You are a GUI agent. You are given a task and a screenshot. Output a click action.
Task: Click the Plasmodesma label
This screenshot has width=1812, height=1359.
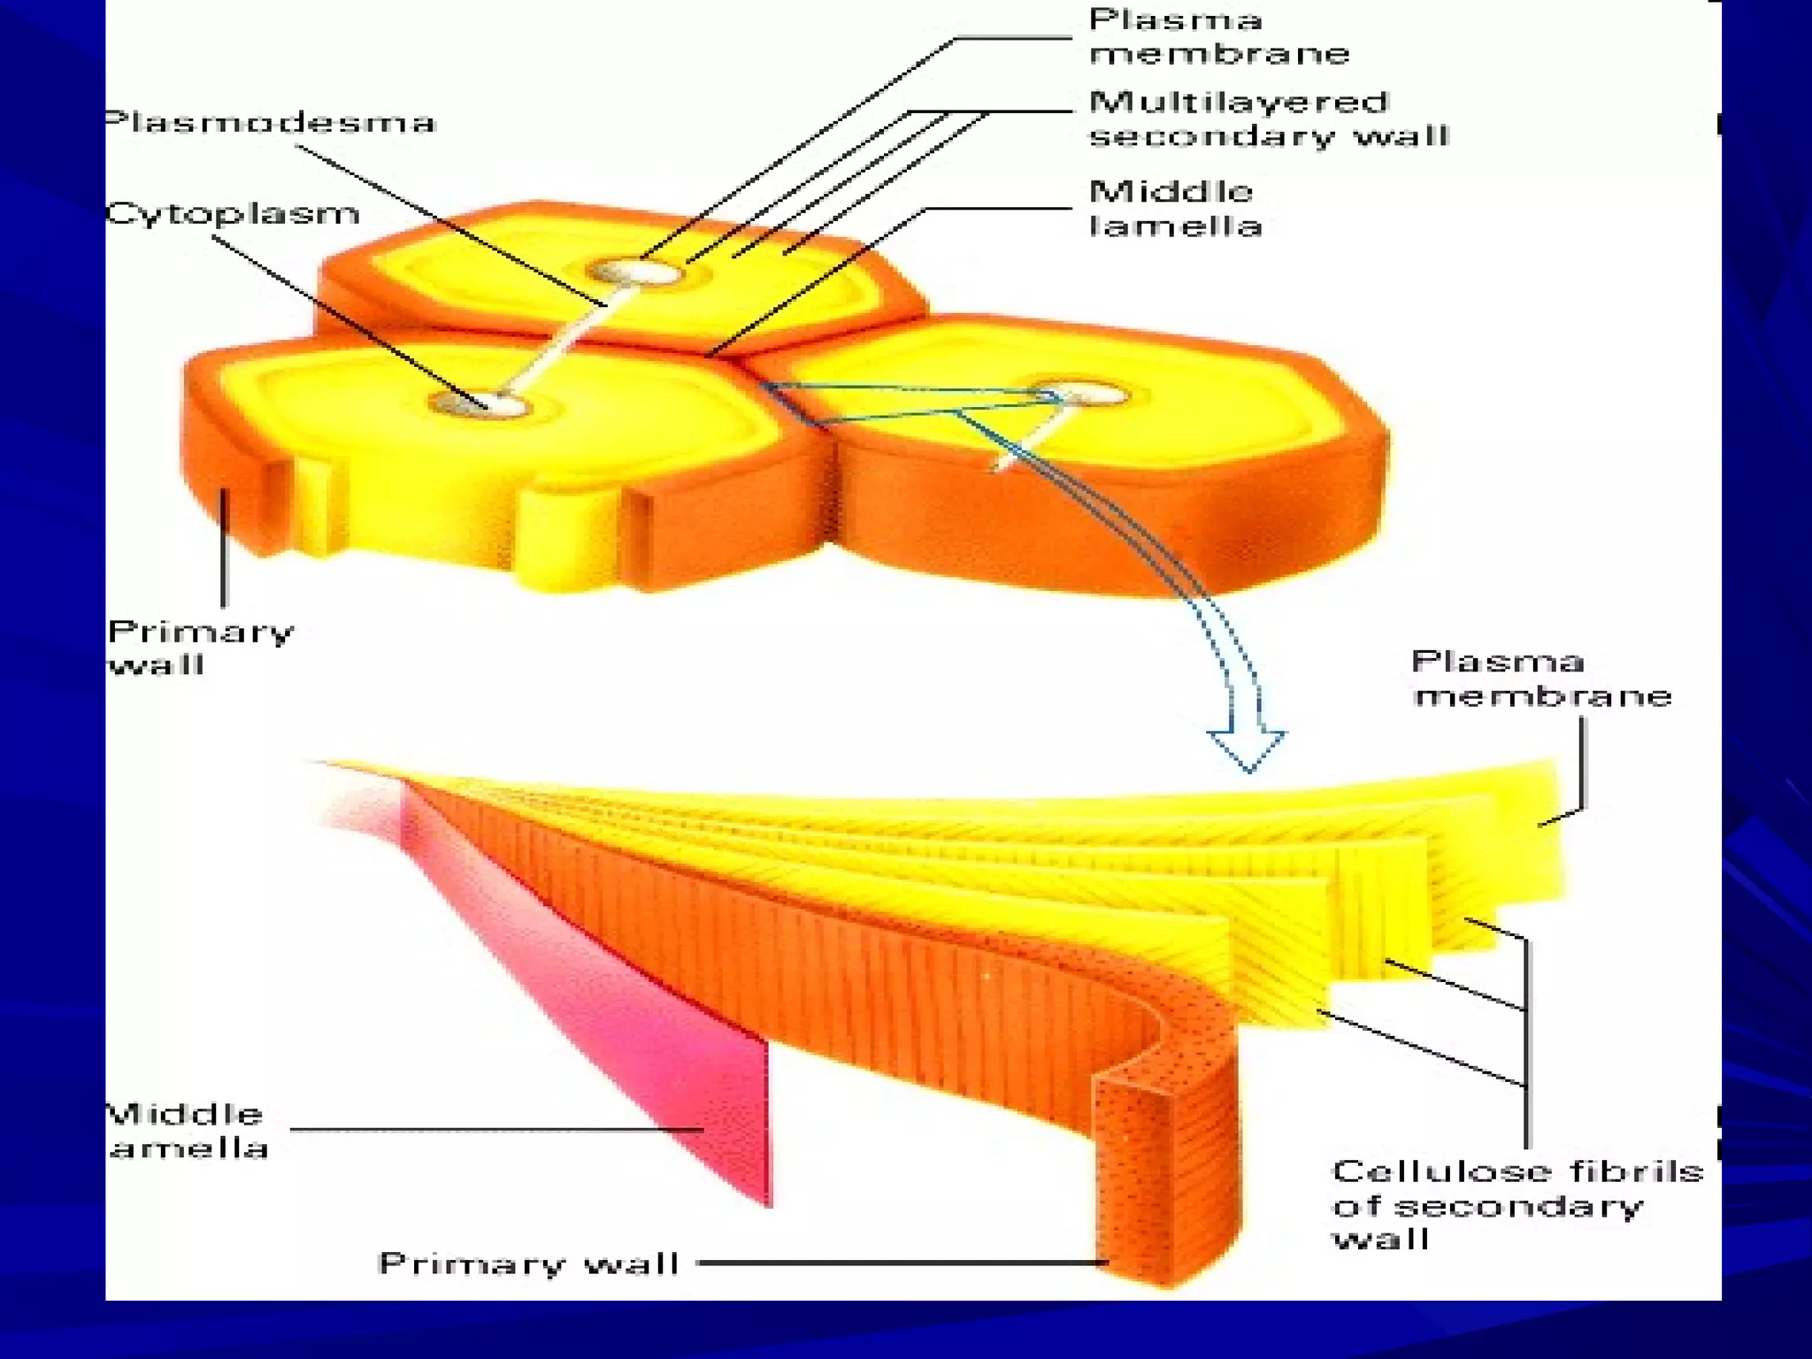point(270,122)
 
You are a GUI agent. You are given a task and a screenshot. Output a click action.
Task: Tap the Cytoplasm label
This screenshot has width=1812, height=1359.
point(232,213)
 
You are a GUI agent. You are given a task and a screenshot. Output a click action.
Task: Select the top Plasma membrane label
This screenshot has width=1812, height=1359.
point(1218,36)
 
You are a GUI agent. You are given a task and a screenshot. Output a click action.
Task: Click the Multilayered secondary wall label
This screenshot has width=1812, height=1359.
point(1268,119)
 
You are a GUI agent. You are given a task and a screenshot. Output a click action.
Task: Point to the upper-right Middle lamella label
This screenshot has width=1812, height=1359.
point(1174,209)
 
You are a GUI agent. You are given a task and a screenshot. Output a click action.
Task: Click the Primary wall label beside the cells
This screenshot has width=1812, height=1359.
point(199,648)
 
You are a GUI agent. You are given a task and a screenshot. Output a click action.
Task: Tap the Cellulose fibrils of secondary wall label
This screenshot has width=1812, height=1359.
point(1516,1204)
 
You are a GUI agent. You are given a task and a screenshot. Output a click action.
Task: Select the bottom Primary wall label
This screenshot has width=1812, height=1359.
point(528,1263)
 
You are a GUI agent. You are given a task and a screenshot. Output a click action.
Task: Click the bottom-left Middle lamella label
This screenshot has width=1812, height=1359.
point(186,1131)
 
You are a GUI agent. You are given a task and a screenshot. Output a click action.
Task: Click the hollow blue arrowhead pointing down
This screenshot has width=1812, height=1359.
point(1248,749)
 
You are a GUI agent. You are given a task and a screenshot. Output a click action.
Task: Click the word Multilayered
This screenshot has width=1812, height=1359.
point(1238,103)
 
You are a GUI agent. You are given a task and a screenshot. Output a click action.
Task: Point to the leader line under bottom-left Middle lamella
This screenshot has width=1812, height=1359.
point(495,1130)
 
